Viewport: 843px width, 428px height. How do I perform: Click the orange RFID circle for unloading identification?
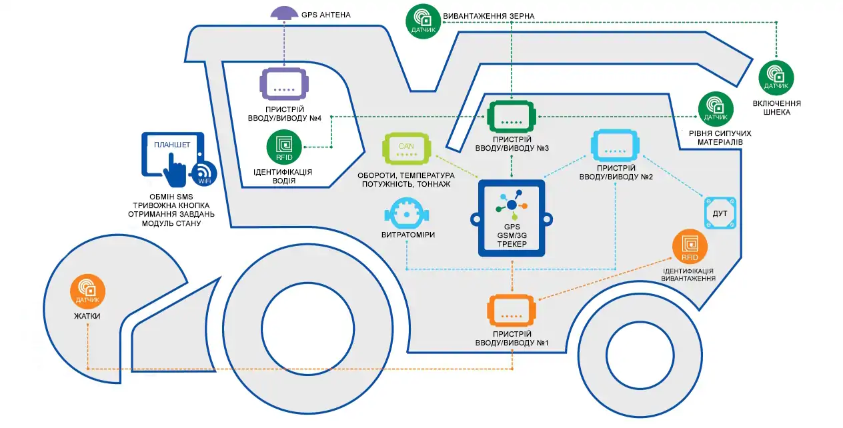click(690, 247)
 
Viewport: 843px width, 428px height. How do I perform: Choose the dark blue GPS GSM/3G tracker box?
click(512, 219)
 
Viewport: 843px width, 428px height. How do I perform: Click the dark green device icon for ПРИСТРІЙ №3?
click(512, 117)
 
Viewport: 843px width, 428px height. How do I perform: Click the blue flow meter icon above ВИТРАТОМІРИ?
click(407, 213)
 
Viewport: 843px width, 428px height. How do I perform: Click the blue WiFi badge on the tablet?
click(203, 173)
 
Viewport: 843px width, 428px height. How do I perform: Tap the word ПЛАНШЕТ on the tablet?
click(172, 145)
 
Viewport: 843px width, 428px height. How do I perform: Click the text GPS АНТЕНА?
click(326, 15)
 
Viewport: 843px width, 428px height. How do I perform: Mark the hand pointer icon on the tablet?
click(175, 169)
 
